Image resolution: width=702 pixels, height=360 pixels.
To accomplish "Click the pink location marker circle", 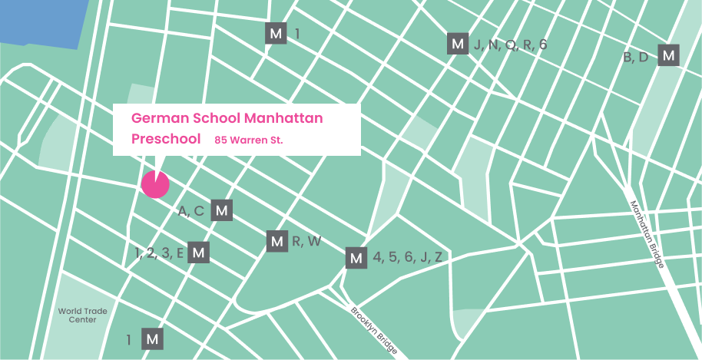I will click(155, 184).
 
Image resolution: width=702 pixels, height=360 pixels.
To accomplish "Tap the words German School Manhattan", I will click(227, 118).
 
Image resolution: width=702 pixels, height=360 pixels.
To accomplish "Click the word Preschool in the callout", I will click(166, 139).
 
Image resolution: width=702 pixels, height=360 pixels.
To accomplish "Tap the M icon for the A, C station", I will click(221, 211).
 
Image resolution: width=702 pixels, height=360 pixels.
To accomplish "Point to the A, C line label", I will click(191, 211).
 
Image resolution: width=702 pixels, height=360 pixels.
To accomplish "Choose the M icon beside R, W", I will click(277, 241).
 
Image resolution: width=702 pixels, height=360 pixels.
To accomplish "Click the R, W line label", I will click(306, 242).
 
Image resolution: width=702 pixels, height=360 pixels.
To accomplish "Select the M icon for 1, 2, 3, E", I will click(198, 253).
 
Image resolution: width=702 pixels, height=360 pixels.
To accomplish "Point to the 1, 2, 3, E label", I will click(159, 253).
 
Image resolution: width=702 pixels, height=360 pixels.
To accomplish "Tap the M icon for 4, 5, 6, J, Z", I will click(356, 258).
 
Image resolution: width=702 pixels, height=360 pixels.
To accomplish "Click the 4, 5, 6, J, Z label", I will click(407, 258).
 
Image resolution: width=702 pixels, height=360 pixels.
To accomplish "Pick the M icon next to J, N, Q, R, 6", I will click(458, 45).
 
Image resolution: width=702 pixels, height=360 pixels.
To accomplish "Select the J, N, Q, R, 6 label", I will click(510, 45).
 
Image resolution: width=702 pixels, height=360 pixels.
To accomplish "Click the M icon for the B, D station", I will click(669, 56).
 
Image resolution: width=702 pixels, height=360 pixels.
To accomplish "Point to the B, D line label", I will click(636, 57).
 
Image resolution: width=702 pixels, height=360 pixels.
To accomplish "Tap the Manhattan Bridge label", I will click(647, 233).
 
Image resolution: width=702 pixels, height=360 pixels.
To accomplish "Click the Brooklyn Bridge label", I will click(374, 331).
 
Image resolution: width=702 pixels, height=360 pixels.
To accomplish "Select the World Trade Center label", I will click(78, 315).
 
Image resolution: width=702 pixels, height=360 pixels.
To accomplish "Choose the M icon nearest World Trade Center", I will click(152, 339).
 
